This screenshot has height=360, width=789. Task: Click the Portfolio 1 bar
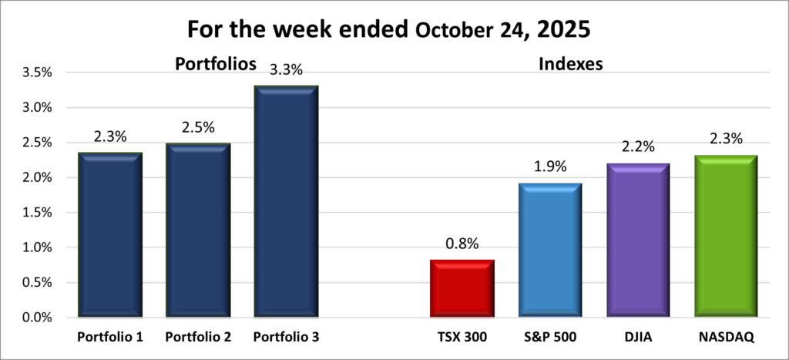tap(110, 235)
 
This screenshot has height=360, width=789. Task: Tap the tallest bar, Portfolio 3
tap(285, 202)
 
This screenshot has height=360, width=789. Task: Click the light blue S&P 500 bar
tap(550, 251)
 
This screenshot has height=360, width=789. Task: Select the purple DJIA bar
tap(637, 240)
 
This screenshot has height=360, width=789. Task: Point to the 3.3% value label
tap(285, 70)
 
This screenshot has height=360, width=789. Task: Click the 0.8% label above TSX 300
tap(462, 244)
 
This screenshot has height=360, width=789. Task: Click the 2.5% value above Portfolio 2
tap(198, 126)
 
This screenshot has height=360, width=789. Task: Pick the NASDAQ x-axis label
tap(725, 337)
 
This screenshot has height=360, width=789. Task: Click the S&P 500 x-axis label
tap(550, 337)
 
